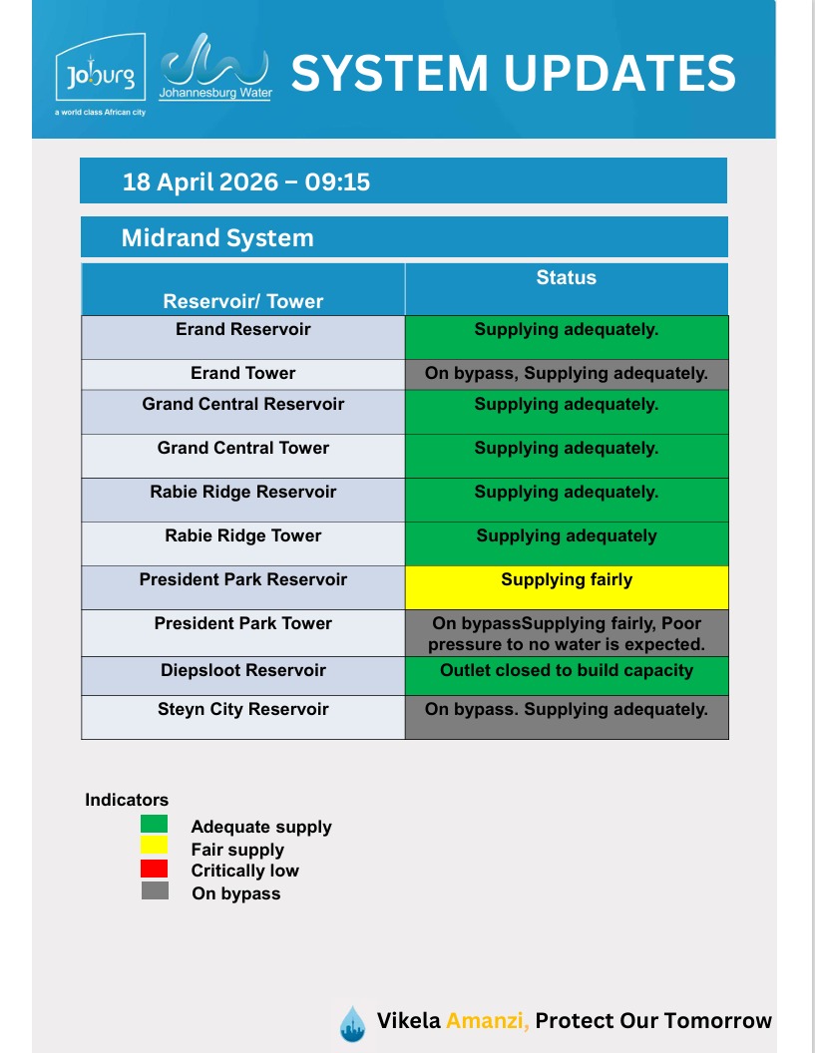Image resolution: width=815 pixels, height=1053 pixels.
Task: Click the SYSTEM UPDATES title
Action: (514, 72)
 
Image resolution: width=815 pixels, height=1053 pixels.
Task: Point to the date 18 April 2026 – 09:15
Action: (246, 181)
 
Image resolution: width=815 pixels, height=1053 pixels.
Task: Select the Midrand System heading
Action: (217, 238)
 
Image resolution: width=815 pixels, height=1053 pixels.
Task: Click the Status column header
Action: (566, 278)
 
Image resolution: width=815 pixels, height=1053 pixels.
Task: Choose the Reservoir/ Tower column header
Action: (243, 301)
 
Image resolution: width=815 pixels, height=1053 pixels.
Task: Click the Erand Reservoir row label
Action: (243, 329)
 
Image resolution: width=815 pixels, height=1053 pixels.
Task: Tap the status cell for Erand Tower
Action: (566, 374)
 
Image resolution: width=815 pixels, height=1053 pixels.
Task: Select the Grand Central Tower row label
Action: (243, 448)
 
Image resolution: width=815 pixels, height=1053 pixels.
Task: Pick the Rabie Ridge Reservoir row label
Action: (243, 492)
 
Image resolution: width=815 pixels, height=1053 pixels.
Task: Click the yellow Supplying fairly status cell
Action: (566, 586)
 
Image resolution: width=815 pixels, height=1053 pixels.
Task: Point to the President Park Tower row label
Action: (243, 623)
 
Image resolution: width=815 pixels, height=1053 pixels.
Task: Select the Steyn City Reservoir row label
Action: (243, 710)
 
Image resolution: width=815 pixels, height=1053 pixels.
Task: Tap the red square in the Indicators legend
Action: (155, 869)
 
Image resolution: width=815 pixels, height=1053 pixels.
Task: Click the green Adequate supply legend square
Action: (155, 825)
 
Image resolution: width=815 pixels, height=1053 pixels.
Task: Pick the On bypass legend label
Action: (236, 893)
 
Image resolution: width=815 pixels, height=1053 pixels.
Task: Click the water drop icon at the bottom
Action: (352, 1022)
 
